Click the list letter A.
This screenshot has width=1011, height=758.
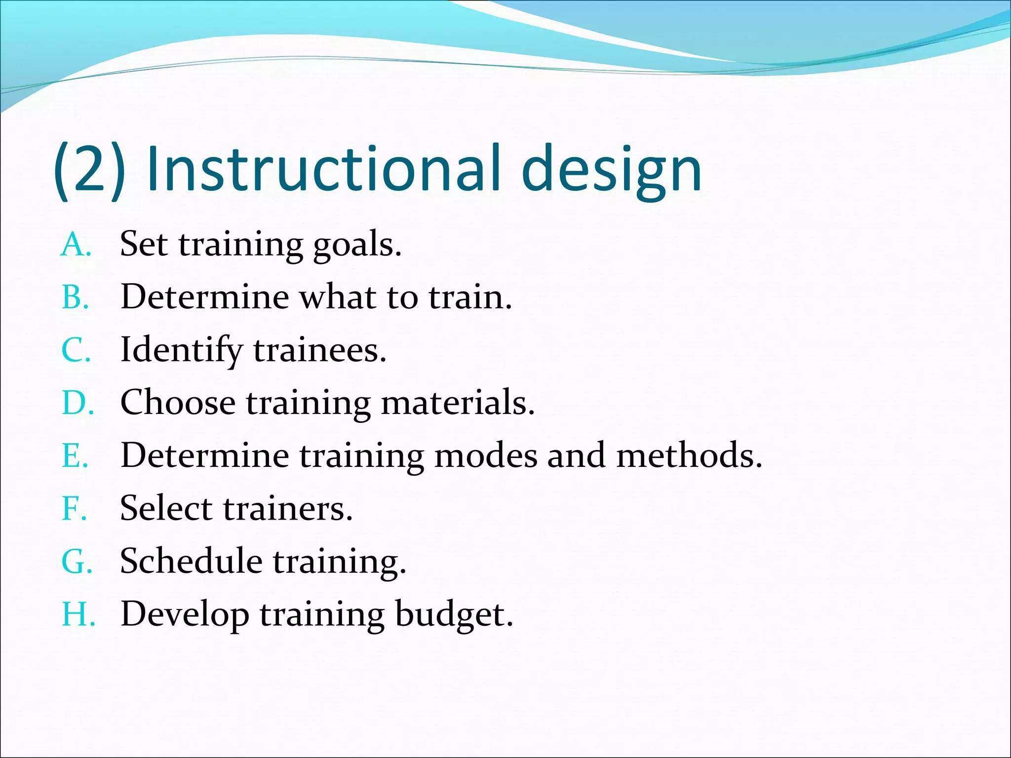click(x=75, y=245)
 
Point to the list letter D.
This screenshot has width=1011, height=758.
click(x=77, y=403)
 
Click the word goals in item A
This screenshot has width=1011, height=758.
click(x=356, y=245)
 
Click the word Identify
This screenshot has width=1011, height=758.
click(x=181, y=350)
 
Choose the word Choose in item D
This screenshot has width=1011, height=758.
click(x=178, y=403)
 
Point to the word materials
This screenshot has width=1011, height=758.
click(x=457, y=403)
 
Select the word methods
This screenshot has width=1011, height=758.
click(x=688, y=455)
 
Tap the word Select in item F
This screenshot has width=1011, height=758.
click(x=166, y=508)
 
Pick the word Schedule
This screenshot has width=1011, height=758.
click(x=191, y=561)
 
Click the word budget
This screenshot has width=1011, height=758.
click(x=453, y=615)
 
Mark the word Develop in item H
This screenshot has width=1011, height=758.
click(x=185, y=615)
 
